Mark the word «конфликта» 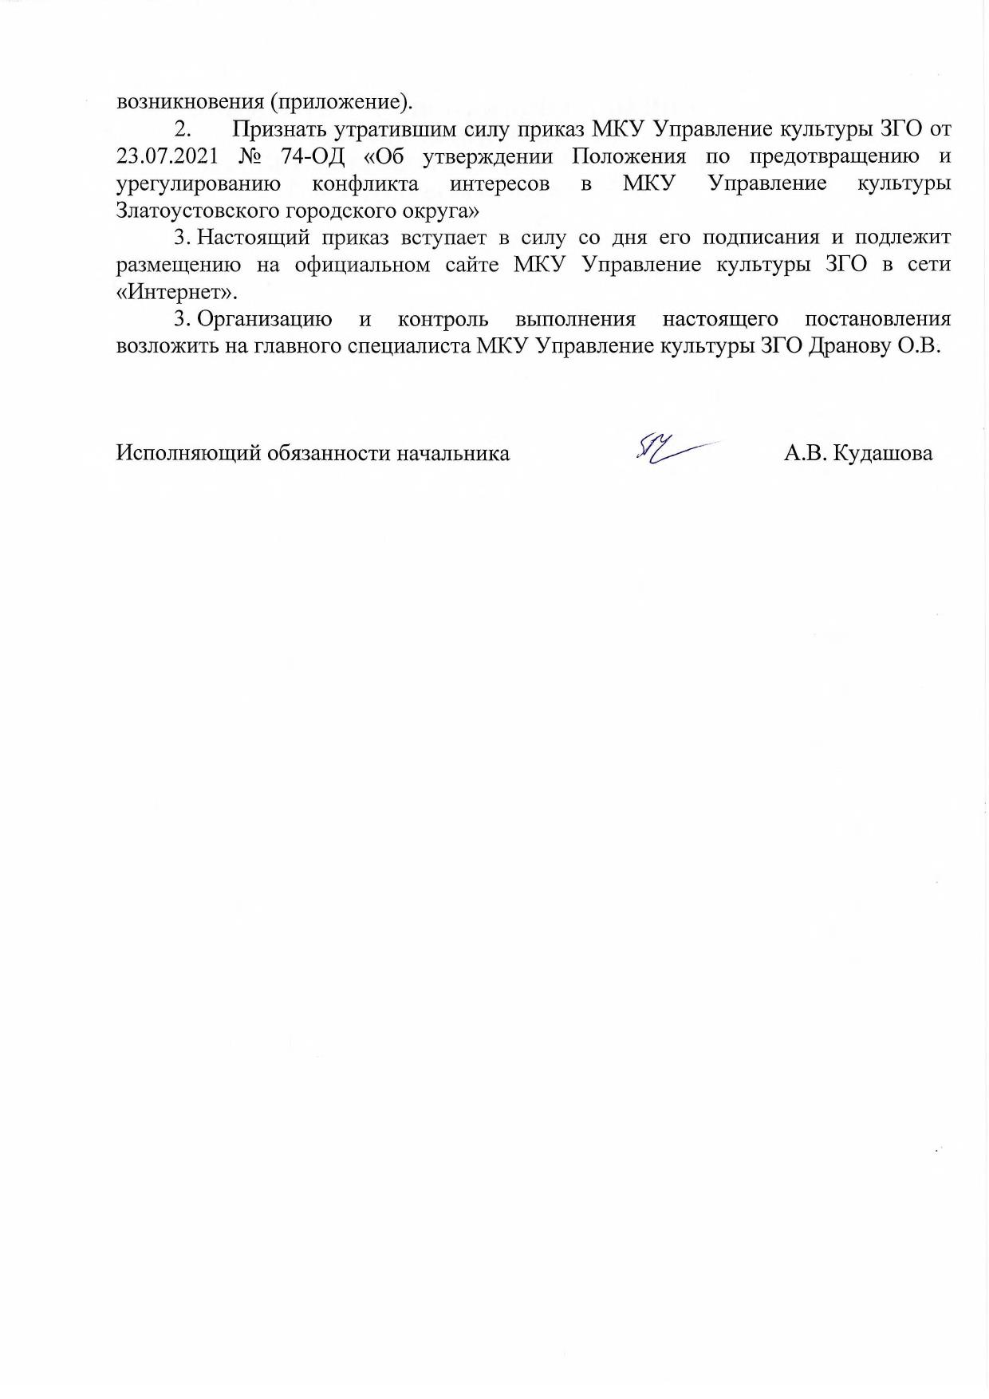[x=365, y=183]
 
